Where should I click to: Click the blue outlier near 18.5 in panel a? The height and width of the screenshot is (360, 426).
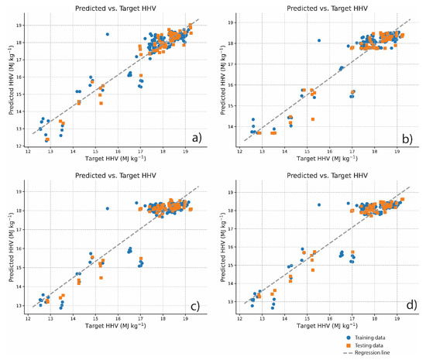click(x=108, y=34)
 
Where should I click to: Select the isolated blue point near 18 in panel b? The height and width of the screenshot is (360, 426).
click(x=318, y=40)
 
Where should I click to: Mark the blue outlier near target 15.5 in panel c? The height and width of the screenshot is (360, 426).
click(x=108, y=208)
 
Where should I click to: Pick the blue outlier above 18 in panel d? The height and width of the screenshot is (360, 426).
click(x=318, y=204)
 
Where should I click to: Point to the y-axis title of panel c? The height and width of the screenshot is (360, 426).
click(x=7, y=247)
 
